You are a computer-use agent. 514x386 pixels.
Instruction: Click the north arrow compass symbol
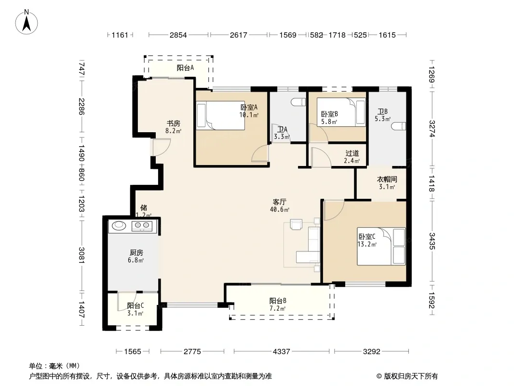tap(27, 22)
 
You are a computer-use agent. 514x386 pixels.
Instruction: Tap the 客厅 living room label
tap(279, 202)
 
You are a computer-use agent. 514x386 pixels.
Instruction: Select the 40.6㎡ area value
tap(280, 209)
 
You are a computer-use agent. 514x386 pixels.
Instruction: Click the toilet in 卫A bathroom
tap(298, 102)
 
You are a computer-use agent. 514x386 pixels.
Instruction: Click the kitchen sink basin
tap(119, 225)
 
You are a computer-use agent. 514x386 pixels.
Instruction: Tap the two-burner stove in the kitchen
tap(142, 226)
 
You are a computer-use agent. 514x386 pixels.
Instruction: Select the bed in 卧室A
tap(221, 115)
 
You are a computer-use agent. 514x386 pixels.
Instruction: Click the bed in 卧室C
tap(381, 246)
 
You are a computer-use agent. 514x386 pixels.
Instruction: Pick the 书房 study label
tap(174, 124)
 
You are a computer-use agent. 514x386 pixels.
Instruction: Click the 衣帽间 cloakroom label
tap(387, 179)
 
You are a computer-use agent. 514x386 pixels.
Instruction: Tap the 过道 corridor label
tap(352, 153)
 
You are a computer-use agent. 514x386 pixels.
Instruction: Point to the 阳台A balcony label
tap(185, 68)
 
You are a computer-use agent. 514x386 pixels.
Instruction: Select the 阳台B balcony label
tap(278, 301)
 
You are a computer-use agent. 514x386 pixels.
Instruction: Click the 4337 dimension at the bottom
tap(282, 352)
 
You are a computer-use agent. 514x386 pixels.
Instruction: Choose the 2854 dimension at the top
tap(178, 35)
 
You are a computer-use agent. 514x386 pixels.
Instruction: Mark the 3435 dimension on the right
tap(432, 241)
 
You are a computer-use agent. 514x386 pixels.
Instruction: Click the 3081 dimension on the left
tap(81, 255)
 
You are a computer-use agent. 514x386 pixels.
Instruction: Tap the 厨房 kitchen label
tap(136, 252)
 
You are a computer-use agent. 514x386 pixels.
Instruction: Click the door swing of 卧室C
tap(334, 210)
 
